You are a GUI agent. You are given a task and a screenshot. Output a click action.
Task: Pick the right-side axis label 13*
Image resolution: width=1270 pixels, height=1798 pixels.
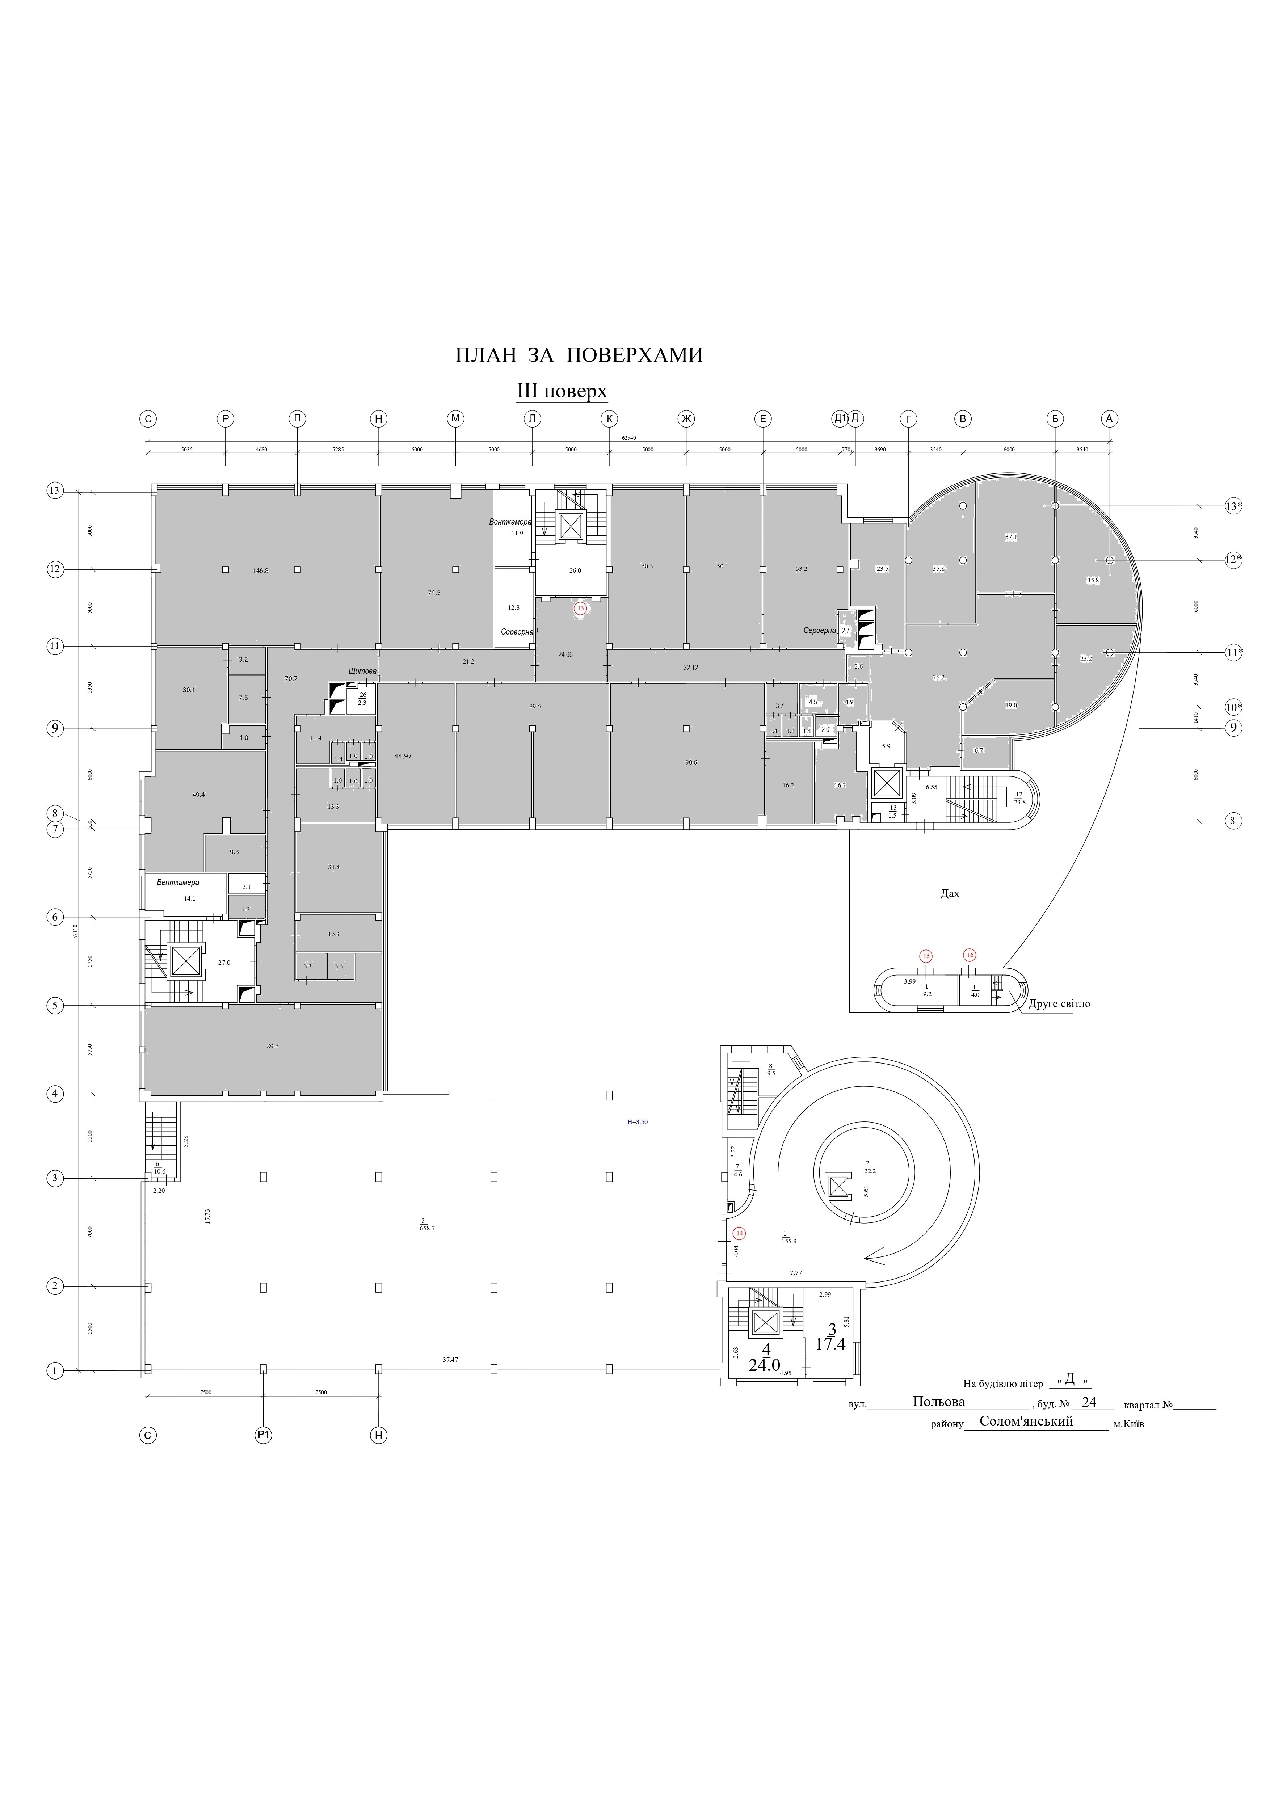pos(1234,506)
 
